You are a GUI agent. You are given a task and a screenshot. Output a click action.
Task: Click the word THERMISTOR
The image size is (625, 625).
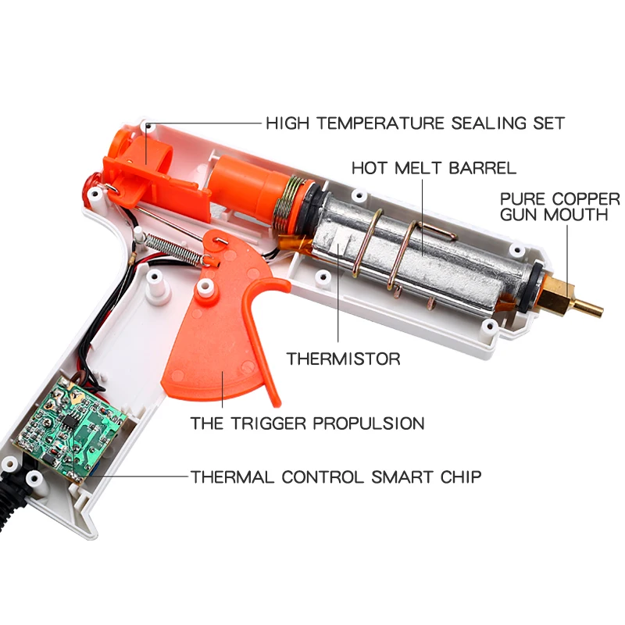click(343, 359)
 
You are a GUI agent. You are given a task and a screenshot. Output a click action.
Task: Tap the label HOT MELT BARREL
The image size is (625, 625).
click(434, 168)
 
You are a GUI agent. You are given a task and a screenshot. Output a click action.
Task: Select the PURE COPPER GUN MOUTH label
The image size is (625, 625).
click(559, 207)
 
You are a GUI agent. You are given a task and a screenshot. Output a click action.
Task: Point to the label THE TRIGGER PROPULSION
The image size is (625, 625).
click(307, 423)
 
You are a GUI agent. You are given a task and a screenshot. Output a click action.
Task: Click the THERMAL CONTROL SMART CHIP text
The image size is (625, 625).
click(336, 477)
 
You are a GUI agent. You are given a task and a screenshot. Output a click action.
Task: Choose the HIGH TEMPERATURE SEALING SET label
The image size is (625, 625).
click(416, 123)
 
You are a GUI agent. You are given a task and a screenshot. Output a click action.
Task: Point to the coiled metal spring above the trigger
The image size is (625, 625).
click(175, 250)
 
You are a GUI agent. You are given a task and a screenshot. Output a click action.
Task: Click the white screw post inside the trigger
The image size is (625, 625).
click(205, 287)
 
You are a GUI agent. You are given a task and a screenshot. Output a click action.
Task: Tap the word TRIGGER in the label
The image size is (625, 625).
click(269, 423)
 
